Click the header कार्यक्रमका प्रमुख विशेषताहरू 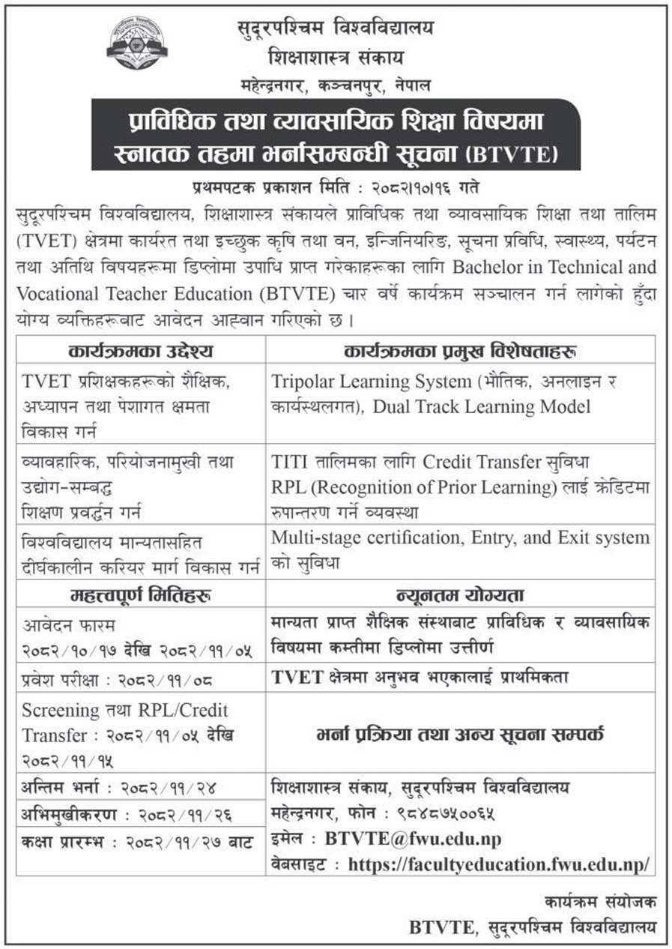coord(459,350)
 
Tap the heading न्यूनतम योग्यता coord(459,595)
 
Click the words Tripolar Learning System coord(369,381)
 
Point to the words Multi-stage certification coord(359,537)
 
